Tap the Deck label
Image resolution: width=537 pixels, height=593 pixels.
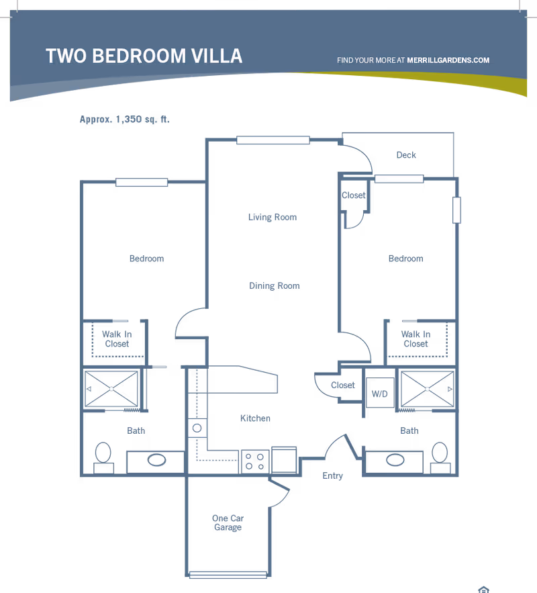click(406, 155)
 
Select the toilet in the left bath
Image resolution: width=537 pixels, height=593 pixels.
click(103, 457)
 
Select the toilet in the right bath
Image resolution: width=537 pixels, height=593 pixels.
click(440, 457)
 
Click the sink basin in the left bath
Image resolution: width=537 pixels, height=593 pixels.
click(156, 460)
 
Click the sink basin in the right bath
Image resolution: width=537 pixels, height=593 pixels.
click(395, 460)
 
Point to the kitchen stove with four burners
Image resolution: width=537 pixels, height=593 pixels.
click(255, 461)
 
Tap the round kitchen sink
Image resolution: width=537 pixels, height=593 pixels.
click(197, 428)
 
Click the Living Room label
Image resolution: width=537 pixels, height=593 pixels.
click(273, 217)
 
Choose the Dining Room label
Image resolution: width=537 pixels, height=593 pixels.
click(275, 286)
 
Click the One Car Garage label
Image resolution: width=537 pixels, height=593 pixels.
click(228, 522)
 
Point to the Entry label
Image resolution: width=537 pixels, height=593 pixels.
click(332, 475)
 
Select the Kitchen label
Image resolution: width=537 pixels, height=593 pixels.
click(256, 418)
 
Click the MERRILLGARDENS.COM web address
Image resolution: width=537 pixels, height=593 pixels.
click(448, 60)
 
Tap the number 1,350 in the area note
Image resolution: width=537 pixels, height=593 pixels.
click(128, 119)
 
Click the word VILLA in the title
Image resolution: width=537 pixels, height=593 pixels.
click(217, 56)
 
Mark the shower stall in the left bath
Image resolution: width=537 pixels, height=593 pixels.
click(111, 389)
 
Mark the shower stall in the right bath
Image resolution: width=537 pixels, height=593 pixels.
click(428, 389)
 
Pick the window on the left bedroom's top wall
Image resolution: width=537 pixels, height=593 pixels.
click(142, 182)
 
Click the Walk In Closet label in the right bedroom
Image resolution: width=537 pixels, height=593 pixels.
click(416, 339)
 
